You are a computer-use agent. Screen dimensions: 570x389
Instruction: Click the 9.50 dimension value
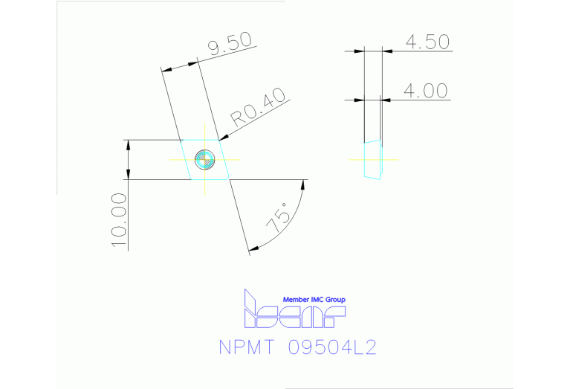coord(230,44)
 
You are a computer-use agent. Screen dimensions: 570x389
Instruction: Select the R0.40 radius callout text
coord(258,107)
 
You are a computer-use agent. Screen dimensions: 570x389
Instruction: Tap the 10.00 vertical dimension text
coord(119,220)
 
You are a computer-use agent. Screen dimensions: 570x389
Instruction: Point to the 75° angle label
coord(279,218)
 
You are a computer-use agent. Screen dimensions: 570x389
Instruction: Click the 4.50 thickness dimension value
coord(427,42)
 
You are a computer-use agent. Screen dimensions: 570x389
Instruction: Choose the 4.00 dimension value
coord(426,91)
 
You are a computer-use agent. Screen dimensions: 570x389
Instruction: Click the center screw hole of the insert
coord(204,159)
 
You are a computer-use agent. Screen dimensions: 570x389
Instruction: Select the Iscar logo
coord(294,309)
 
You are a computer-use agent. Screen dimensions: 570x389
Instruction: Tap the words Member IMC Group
coord(314,300)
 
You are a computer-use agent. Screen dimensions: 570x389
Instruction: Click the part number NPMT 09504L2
coord(297,347)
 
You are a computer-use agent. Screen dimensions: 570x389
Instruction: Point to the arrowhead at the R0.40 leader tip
coord(224,138)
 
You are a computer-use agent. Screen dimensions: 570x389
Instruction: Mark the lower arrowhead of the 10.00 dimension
coord(128,175)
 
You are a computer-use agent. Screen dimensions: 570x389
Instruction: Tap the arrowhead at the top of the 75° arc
coord(303,184)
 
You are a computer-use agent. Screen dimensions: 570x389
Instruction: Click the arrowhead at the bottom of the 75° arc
coord(253,248)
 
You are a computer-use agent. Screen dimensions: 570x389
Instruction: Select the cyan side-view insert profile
coord(373,160)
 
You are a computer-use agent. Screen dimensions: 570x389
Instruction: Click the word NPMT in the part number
coord(246,347)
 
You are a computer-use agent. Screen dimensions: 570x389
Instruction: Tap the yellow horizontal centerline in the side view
coord(373,159)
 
